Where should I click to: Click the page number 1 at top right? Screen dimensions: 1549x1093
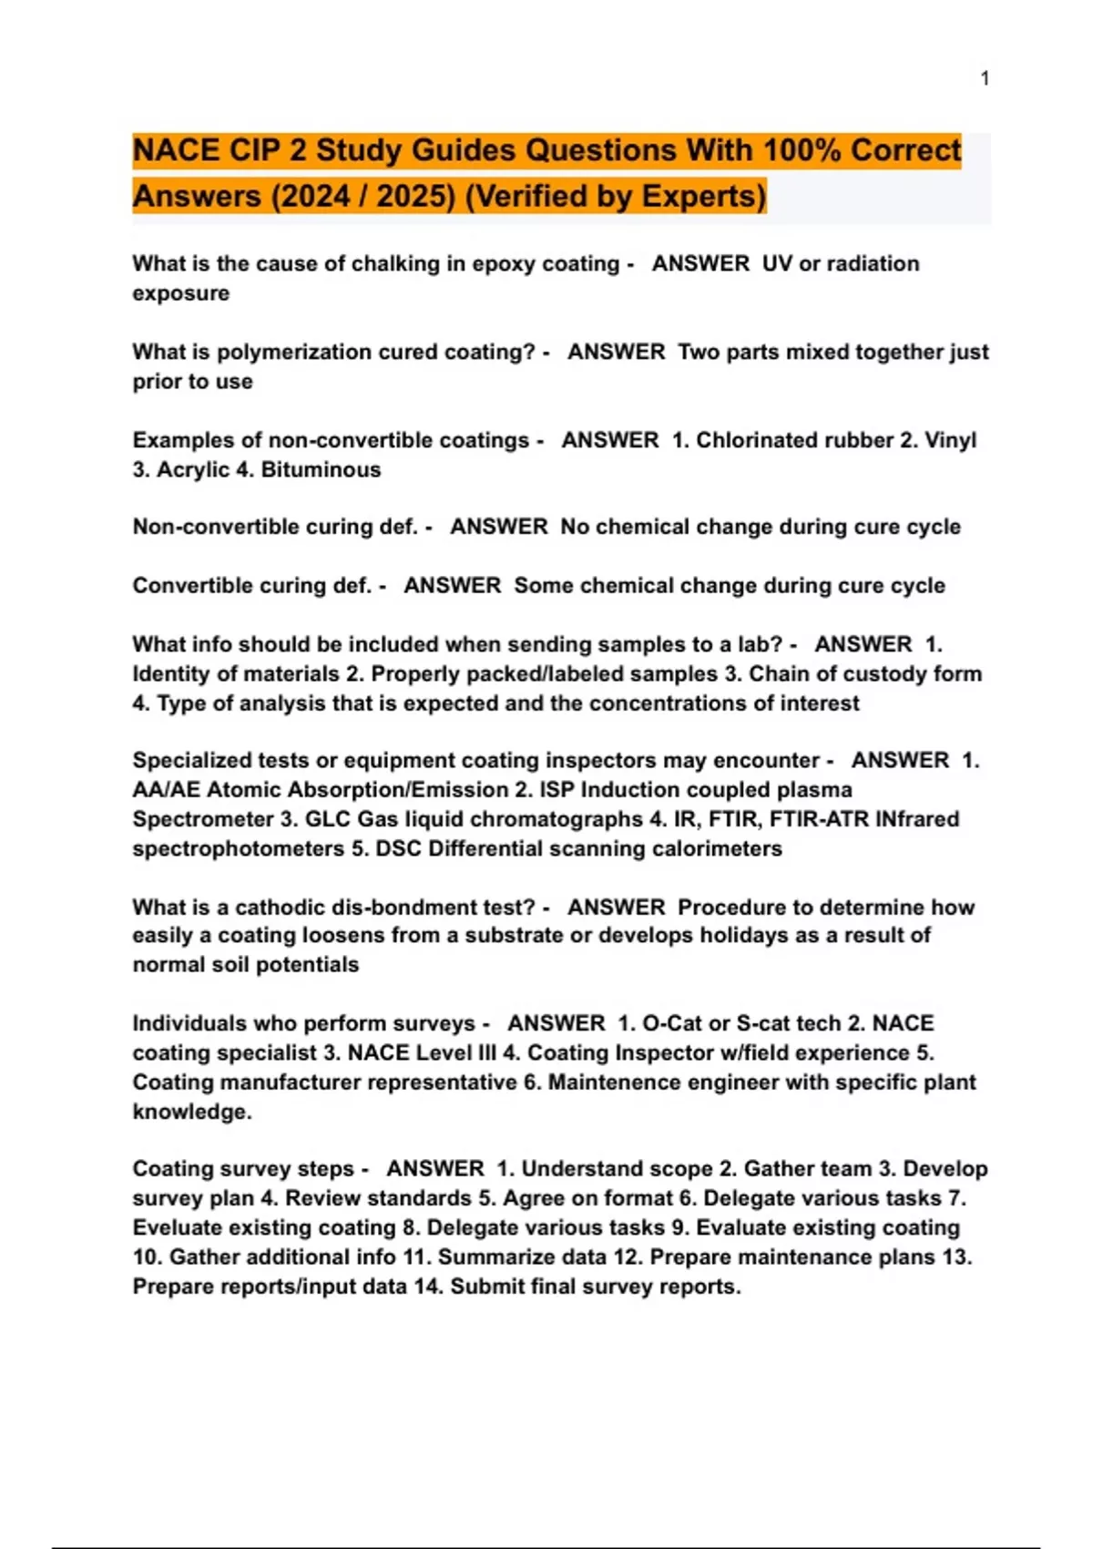(985, 78)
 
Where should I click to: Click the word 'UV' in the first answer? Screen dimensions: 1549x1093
(777, 263)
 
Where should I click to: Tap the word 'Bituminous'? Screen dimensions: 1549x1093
(321, 469)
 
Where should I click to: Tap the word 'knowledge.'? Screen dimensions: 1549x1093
(192, 1112)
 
